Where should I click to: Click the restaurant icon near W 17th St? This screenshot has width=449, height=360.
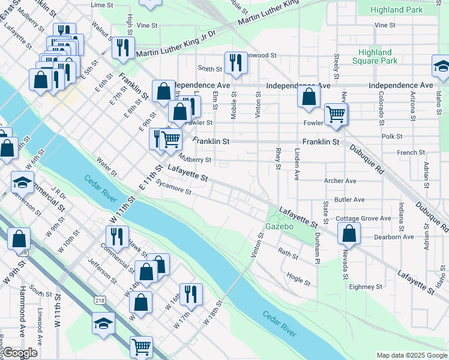pyautogui.click(x=191, y=293)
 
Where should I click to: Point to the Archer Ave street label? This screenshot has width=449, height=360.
pyautogui.click(x=340, y=181)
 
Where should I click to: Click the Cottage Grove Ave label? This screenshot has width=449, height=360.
pyautogui.click(x=363, y=218)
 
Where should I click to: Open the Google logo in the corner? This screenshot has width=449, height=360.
pyautogui.click(x=20, y=353)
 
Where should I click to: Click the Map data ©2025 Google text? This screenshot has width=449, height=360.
pyautogui.click(x=412, y=355)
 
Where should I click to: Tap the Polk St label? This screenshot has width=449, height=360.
pyautogui.click(x=391, y=136)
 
